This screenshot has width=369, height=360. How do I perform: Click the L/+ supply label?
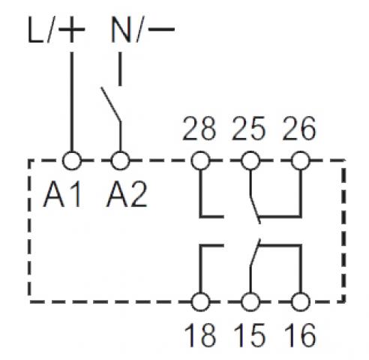(x=56, y=30)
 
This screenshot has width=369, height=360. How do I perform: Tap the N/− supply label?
(x=142, y=30)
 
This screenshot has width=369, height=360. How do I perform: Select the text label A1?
(x=62, y=194)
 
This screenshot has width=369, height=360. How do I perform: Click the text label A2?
(x=127, y=194)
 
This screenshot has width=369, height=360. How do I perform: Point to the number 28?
(x=199, y=128)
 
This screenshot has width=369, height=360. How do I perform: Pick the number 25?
(x=249, y=128)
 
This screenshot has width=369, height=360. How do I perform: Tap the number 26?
(x=299, y=128)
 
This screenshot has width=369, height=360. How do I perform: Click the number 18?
(x=200, y=335)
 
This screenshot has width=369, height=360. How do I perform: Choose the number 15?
(x=250, y=335)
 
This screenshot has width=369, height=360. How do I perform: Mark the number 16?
(x=300, y=335)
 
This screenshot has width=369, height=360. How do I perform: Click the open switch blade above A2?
(x=111, y=104)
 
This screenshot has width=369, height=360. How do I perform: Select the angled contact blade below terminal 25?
(x=255, y=208)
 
